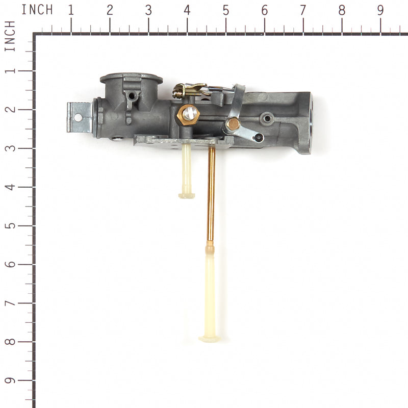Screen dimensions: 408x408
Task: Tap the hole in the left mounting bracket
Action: (x=78, y=117)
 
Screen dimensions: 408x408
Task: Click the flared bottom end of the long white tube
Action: (x=209, y=338)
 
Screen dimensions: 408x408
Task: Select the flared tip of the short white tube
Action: (x=187, y=195)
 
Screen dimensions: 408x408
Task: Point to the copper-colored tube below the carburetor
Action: (x=211, y=194)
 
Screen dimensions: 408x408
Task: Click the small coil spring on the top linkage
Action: (x=178, y=92)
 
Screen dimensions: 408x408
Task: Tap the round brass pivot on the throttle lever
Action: (x=233, y=123)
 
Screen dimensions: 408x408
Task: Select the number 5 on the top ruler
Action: (x=225, y=10)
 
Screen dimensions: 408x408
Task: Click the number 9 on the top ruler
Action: (x=380, y=10)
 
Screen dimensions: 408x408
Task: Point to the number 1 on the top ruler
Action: (x=71, y=10)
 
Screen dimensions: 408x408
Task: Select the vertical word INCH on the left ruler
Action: (x=9, y=37)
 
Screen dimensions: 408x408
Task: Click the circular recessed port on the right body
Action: (x=266, y=119)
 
